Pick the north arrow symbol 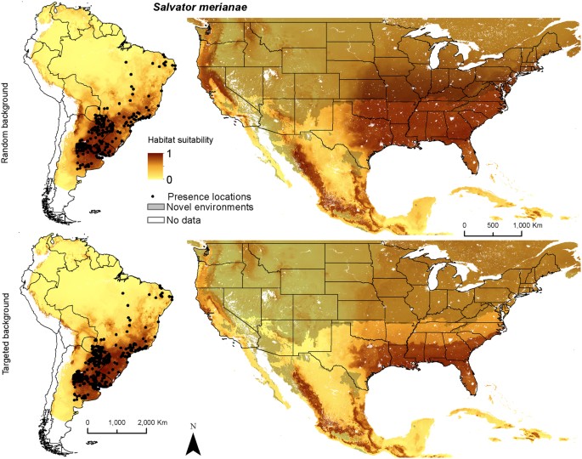coord(194,444)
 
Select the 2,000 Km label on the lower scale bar coord(152,422)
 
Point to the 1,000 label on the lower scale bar coord(117,422)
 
